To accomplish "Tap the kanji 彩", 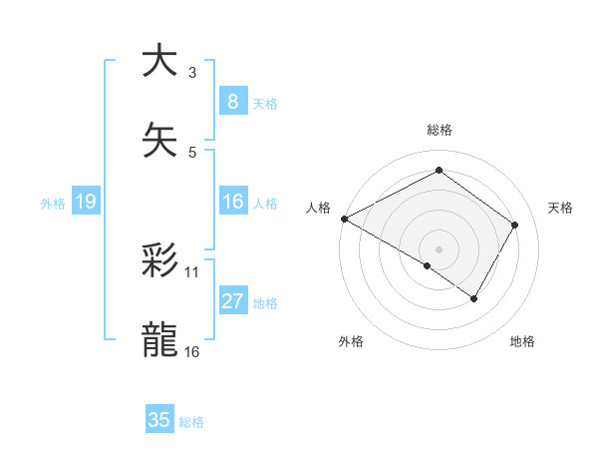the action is coord(160,261).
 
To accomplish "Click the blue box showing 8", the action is coord(232,102).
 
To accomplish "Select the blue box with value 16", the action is coord(232,203).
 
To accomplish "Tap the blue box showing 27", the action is coord(232,302).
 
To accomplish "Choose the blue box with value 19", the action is coord(86,203).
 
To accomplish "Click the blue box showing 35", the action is coord(159,420).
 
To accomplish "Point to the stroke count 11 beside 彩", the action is coord(192,271).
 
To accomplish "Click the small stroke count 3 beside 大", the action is coord(192,72).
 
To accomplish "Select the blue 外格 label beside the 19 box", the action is coord(53,204).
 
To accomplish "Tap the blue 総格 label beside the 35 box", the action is coord(191,422).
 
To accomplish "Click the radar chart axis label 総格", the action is coord(439,130).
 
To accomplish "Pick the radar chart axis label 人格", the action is coord(318,208).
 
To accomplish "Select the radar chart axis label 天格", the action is coord(561,208).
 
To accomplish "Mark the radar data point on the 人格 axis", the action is coord(344,219).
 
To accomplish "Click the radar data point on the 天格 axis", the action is coord(514,225).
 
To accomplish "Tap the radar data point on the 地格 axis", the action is coord(474,298).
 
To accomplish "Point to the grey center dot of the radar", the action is coord(439,248).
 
